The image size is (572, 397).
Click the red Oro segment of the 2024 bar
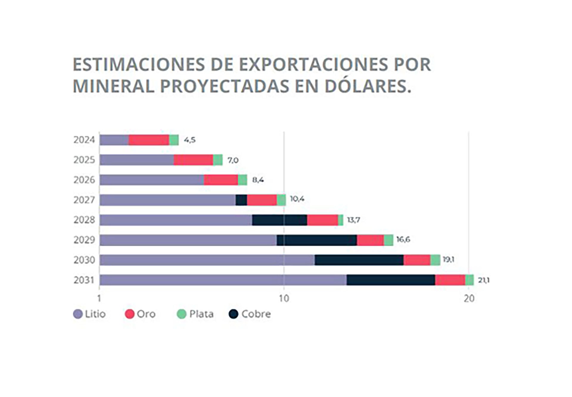click(x=149, y=140)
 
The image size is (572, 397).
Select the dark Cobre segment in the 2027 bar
click(x=241, y=200)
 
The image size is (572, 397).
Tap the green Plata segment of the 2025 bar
click(x=218, y=160)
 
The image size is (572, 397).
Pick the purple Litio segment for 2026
click(x=152, y=180)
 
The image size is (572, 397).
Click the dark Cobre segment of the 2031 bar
click(x=391, y=280)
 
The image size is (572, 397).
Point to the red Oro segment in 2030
click(x=417, y=260)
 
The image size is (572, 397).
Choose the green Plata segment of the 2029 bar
click(x=388, y=240)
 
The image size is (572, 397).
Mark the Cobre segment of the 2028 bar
click(x=279, y=220)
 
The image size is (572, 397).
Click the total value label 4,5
click(x=190, y=140)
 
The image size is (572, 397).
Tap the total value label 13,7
click(x=354, y=220)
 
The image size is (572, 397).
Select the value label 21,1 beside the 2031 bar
click(x=484, y=280)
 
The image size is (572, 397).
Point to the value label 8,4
click(x=258, y=180)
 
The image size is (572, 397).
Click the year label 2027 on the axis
click(x=84, y=200)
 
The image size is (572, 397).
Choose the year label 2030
click(x=84, y=260)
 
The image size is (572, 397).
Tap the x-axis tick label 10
click(x=284, y=298)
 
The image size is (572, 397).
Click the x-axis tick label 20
click(x=469, y=298)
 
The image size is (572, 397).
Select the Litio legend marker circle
click(x=78, y=314)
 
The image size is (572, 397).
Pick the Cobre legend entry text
click(x=256, y=314)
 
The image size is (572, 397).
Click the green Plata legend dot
click(x=181, y=314)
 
